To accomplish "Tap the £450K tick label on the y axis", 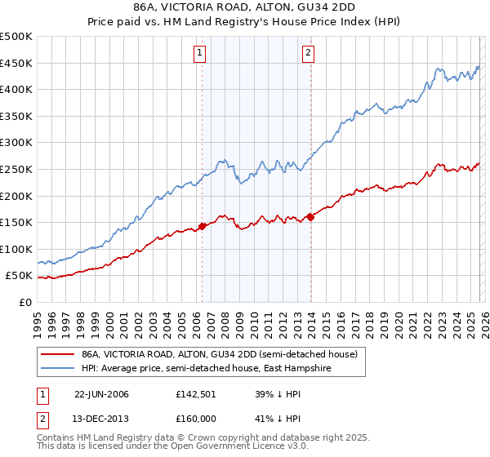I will point(16,64).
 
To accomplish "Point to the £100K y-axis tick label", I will point(16,249).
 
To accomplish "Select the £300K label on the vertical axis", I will point(16,143).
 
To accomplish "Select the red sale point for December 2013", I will point(310,217).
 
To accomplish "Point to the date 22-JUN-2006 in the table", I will point(101,394).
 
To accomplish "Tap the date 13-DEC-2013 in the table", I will point(101,419).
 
